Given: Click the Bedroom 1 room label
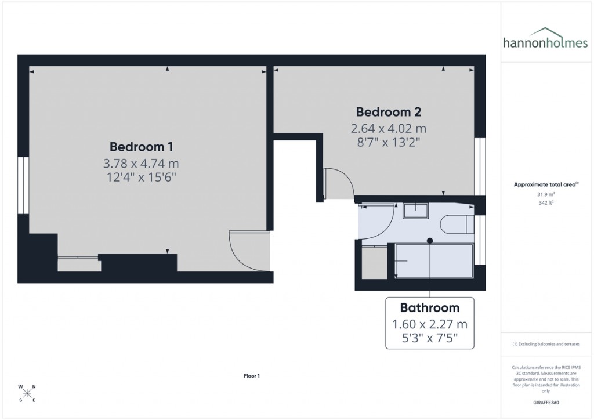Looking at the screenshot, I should pyautogui.click(x=141, y=147).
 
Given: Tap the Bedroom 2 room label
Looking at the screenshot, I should pyautogui.click(x=388, y=112).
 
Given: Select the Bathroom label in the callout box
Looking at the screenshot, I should pyautogui.click(x=429, y=308).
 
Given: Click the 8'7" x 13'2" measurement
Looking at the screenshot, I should pyautogui.click(x=388, y=142).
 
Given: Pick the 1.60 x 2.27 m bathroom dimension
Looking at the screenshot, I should pyautogui.click(x=429, y=324).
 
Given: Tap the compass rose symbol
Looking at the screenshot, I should pyautogui.click(x=27, y=393).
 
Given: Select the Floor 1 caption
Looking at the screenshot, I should pyautogui.click(x=252, y=376).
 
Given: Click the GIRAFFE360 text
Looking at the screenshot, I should pyautogui.click(x=545, y=402).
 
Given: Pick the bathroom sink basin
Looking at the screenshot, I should pyautogui.click(x=415, y=210).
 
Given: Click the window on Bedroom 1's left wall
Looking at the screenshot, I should pyautogui.click(x=23, y=185).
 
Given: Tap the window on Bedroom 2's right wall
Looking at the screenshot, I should pyautogui.click(x=480, y=166).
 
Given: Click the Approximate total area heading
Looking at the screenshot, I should pyautogui.click(x=545, y=184).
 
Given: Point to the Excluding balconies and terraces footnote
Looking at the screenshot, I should pyautogui.click(x=545, y=344).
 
